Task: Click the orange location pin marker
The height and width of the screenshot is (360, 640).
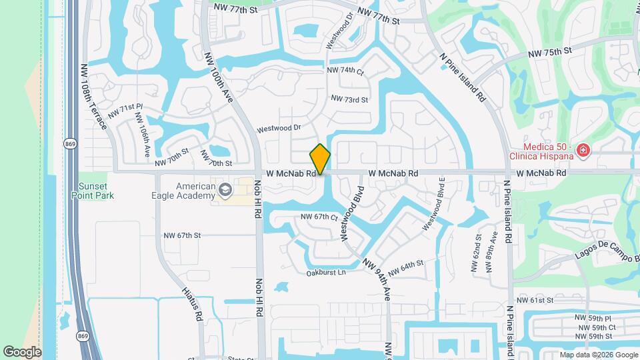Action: coord(321,159)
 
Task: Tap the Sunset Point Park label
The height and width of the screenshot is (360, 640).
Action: coord(93,191)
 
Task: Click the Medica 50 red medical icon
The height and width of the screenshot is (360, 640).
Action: coord(583,151)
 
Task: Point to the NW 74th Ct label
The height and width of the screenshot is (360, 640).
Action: coord(345,70)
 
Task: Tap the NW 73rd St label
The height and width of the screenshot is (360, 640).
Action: coord(349,99)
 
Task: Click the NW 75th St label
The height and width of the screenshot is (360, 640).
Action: coord(550,51)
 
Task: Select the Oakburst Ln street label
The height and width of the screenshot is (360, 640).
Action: coord(326,273)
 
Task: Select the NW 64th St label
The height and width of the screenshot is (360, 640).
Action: coord(405,267)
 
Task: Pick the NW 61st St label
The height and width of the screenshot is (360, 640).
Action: coord(537,300)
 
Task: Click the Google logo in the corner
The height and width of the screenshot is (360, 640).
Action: coord(22,352)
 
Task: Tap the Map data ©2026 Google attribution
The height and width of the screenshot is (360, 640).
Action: coord(598,355)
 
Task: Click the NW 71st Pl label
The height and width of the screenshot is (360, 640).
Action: coord(125,108)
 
